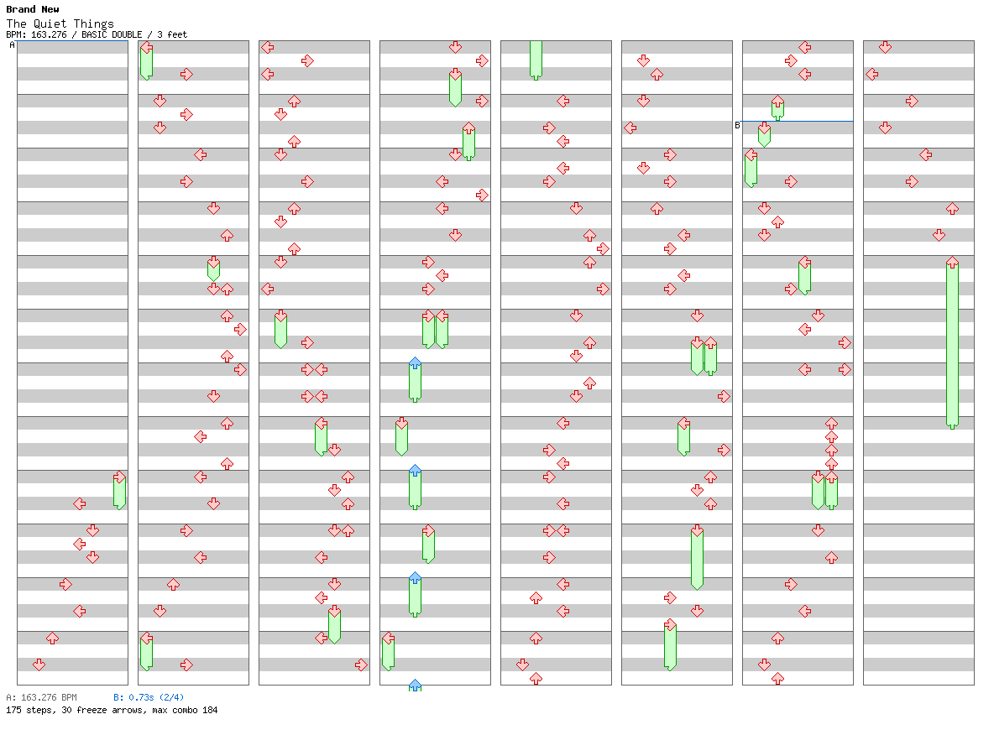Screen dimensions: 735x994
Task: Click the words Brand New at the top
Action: [33, 9]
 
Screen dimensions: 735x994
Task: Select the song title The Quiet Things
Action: [60, 23]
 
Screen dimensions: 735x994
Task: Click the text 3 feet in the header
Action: [172, 34]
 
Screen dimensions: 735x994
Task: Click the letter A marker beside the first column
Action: [12, 45]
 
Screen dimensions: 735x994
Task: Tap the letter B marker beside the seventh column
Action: [737, 125]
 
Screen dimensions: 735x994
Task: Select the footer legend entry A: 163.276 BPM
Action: [41, 697]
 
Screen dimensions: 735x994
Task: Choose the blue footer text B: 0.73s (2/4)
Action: [149, 697]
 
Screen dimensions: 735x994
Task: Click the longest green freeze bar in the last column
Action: [952, 344]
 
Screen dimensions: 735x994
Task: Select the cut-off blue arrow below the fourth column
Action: [415, 685]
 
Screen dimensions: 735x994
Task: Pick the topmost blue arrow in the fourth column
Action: [415, 363]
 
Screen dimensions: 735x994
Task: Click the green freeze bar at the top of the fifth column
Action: [536, 59]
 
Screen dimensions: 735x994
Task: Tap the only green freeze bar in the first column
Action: [119, 492]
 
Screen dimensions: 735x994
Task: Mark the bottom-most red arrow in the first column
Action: [39, 665]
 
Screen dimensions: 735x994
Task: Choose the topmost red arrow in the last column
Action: [885, 47]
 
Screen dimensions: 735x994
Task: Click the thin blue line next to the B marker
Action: [798, 121]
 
